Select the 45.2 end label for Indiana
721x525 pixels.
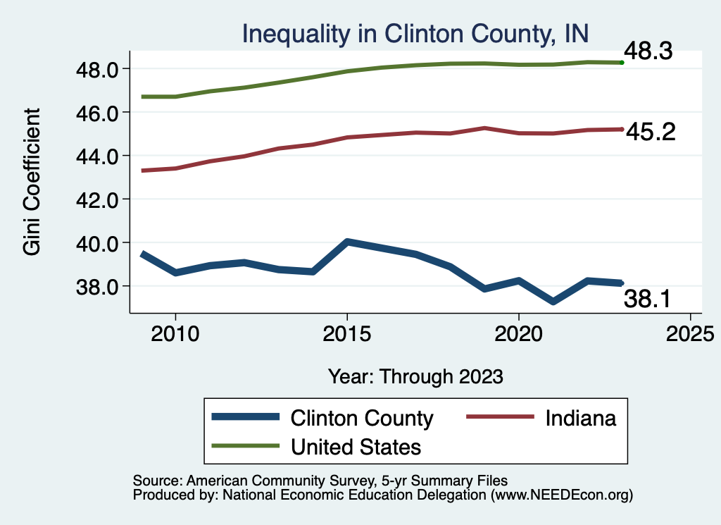[650, 132]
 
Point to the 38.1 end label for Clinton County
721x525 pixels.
[648, 300]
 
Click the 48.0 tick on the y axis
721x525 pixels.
[98, 69]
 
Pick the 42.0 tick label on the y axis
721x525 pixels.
[98, 199]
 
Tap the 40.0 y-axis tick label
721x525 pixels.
[98, 243]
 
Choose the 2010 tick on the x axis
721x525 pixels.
[175, 332]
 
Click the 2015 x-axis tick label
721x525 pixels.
[346, 332]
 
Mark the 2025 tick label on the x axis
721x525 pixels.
[690, 332]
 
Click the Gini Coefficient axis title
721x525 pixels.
[32, 182]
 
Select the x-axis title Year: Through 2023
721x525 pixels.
[415, 376]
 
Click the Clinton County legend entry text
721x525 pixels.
[362, 418]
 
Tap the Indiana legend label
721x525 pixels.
[580, 418]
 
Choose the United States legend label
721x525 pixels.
[356, 447]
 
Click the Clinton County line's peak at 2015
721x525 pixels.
[346, 242]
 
